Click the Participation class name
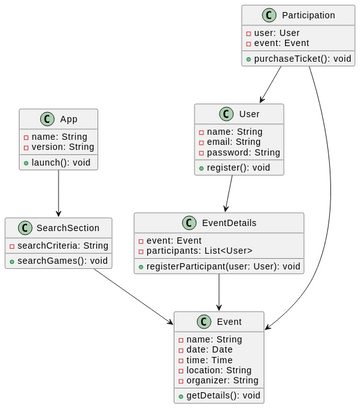[x=308, y=16]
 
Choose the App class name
[x=66, y=117]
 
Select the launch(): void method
[x=61, y=162]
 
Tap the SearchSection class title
[x=66, y=228]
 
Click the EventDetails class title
[x=227, y=223]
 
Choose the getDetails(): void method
[x=220, y=396]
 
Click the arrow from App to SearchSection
[x=58, y=193]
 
